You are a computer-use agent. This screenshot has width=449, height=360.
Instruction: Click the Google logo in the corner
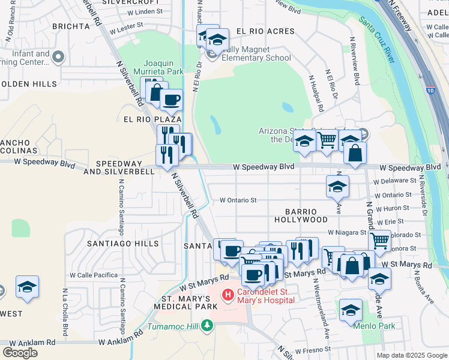click(20, 352)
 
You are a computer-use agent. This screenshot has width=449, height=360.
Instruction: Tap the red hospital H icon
click(228, 295)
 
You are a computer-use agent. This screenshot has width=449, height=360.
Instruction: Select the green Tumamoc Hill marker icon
click(207, 326)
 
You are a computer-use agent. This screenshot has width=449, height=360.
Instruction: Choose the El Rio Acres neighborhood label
click(265, 31)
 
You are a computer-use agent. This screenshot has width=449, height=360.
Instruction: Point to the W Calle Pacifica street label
click(94, 275)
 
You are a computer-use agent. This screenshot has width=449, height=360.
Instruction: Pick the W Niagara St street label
click(346, 232)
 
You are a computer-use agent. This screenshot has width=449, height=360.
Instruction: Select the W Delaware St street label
click(394, 180)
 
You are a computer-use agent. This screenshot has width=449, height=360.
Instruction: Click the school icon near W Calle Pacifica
click(27, 287)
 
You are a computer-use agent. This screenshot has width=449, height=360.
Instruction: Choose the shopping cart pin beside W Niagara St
click(379, 240)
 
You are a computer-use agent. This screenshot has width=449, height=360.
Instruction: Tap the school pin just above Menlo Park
click(351, 310)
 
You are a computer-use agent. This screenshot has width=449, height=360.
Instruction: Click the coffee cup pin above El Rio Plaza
click(171, 99)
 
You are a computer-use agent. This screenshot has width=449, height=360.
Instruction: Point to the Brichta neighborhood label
click(71, 26)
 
